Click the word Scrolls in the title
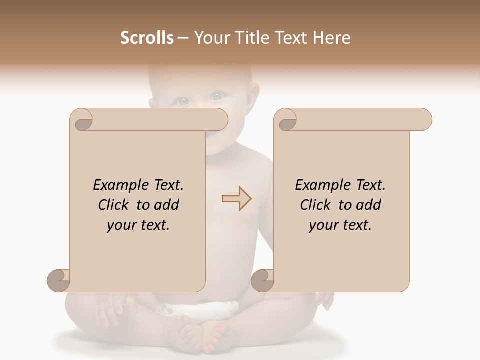[147, 38]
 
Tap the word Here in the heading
[331, 38]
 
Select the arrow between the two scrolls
[236, 199]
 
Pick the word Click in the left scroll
[115, 205]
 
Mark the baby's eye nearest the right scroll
[217, 95]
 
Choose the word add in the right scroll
[369, 205]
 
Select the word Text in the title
[294, 38]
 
